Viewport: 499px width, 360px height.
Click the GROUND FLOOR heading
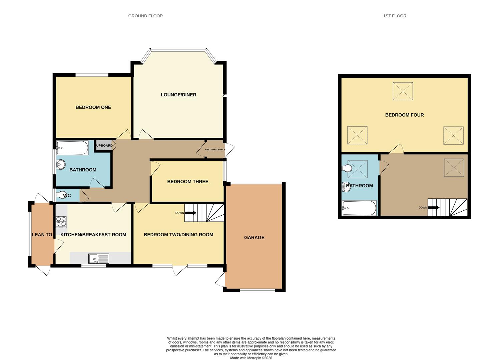pos(145,16)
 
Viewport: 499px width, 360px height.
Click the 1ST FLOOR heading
pos(395,16)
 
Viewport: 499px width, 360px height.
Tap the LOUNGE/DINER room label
pos(178,95)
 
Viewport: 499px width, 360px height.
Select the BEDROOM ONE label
pos(93,107)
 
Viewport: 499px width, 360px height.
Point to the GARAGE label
pos(254,238)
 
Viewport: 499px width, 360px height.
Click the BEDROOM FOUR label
pos(404,115)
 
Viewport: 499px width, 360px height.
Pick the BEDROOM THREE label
pos(188,182)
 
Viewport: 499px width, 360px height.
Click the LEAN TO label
pos(42,235)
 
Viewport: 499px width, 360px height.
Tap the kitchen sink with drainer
pos(99,259)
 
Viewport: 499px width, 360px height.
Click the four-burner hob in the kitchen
pos(61,222)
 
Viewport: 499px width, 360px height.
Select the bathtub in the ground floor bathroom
pos(72,148)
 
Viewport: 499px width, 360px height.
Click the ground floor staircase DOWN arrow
pos(190,213)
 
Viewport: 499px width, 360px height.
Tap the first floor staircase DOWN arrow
pos(434,207)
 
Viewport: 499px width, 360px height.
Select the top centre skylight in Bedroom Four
pos(403,91)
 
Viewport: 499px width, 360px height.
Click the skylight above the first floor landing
pos(454,168)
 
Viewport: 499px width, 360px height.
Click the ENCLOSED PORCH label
pos(215,149)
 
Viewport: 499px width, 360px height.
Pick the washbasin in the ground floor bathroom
pos(61,164)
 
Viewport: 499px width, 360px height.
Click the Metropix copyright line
pos(251,358)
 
